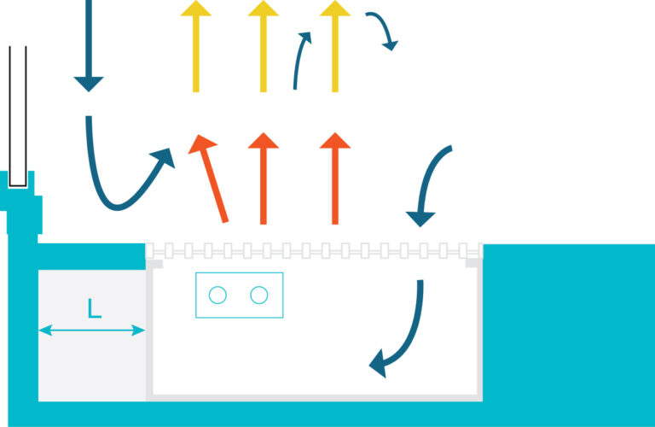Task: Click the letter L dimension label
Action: point(95,308)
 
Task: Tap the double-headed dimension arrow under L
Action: point(92,330)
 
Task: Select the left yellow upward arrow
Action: point(196,46)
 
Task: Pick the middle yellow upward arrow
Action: point(264,46)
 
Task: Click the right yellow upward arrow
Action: point(335,46)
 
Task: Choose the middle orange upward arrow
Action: point(264,178)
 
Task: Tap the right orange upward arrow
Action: point(335,178)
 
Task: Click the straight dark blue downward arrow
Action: point(89,46)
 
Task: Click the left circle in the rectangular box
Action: point(217,295)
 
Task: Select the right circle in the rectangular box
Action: point(259,295)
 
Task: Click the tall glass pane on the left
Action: point(18,116)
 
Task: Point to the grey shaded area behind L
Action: point(92,335)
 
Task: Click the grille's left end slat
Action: point(149,250)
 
